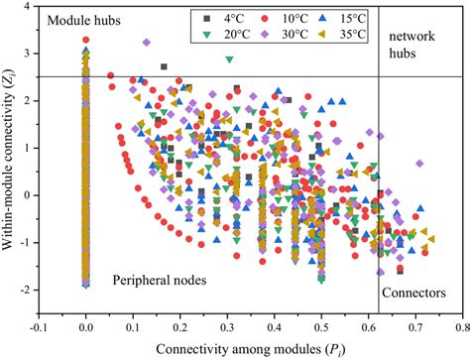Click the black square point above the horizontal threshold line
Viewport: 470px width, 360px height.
point(164,67)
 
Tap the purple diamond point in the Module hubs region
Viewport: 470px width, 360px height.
point(147,43)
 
